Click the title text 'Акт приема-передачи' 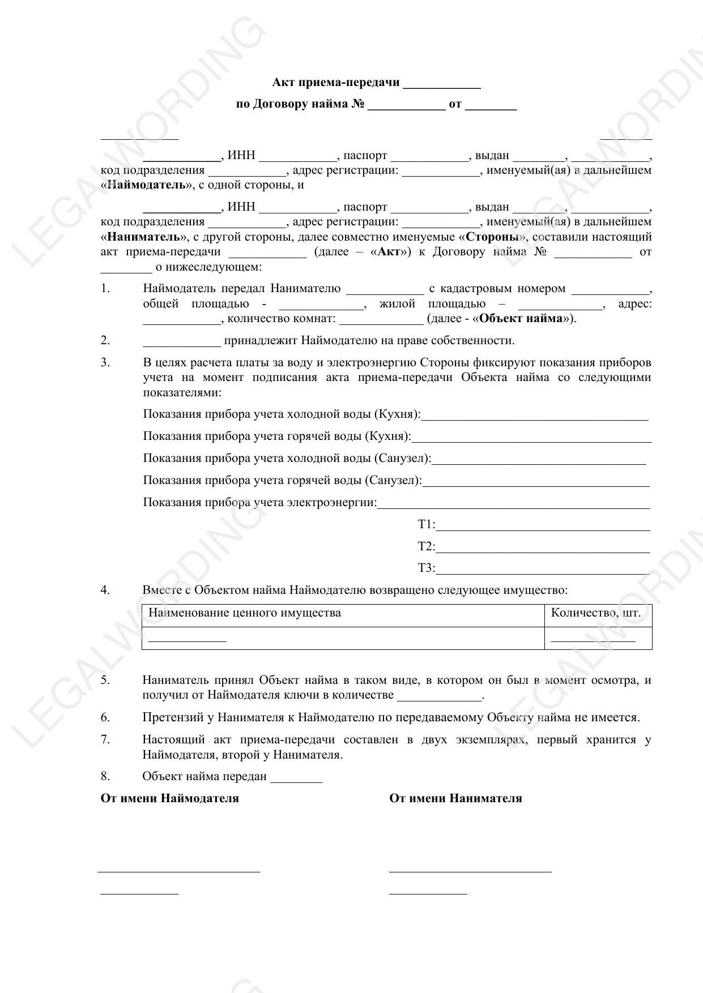coord(336,83)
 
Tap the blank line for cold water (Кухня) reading coord(535,418)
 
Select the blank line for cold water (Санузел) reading coord(538,463)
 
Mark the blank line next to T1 coord(543,529)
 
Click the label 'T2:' coord(427,546)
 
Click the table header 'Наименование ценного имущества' coord(245,613)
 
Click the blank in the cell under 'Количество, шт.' coord(593,640)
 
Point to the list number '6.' coord(105,717)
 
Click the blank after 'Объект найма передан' coord(296,780)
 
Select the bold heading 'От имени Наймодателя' coord(169,798)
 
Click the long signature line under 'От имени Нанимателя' coord(470,871)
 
